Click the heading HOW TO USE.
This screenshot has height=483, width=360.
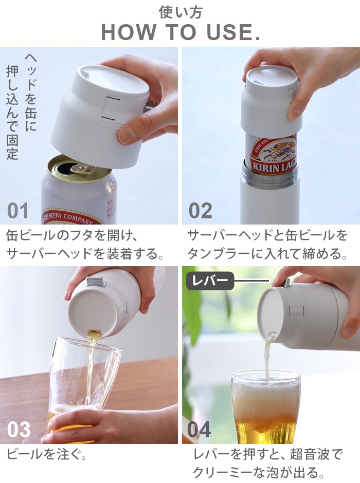180,32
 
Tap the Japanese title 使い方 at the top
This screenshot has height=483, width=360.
180,11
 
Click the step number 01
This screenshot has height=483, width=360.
18,211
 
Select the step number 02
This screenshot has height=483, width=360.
200,211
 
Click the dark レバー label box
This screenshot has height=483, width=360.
210,281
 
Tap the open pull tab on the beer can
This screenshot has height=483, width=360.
77,168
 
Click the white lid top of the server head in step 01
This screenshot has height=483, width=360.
108,77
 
